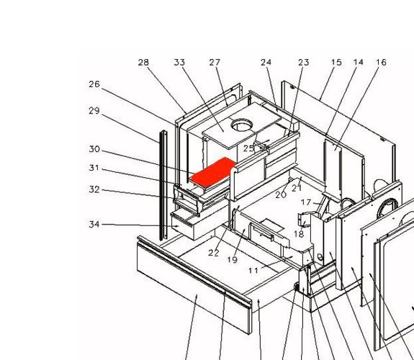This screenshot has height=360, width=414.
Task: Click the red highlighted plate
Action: click(213, 172)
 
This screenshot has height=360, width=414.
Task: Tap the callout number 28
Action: click(143, 63)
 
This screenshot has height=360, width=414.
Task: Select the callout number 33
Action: click(179, 63)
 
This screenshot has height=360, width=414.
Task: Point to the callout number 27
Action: click(215, 63)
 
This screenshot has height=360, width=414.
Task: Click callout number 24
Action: click(266, 63)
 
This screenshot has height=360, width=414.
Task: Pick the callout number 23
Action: click(304, 63)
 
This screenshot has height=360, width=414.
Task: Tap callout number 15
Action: click(337, 63)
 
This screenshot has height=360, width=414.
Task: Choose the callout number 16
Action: click(382, 63)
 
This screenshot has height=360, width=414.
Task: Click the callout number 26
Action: click(94, 84)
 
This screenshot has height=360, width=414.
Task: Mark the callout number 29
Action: click(94, 111)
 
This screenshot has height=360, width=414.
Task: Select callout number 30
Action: click(94, 149)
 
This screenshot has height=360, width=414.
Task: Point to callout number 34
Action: click(94, 224)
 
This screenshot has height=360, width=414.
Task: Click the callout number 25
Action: click(248, 148)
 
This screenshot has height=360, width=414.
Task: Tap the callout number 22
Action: click(214, 253)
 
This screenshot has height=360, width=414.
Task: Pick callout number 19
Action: click(233, 260)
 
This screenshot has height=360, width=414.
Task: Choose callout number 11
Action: click(253, 271)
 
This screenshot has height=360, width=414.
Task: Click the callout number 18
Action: click(299, 234)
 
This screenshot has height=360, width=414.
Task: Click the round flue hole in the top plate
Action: click(242, 125)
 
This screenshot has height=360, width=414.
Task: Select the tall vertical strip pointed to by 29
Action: click(163, 186)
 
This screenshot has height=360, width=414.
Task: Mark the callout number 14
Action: click(359, 63)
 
